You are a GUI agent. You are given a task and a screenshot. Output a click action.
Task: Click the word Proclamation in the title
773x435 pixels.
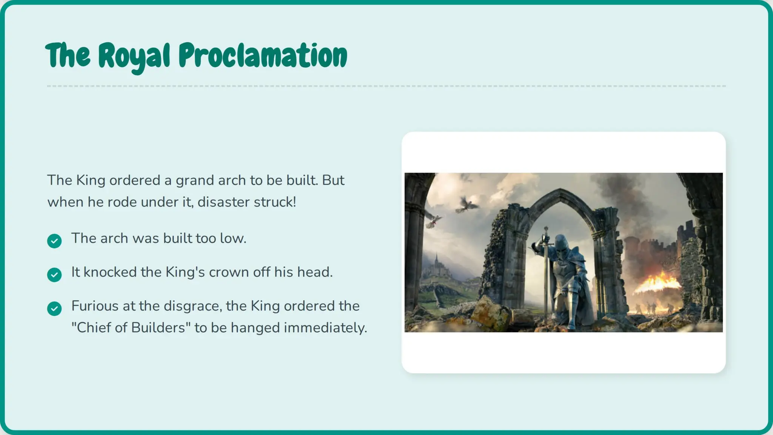click(263, 56)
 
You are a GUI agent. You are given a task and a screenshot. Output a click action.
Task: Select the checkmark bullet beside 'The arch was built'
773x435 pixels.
click(54, 241)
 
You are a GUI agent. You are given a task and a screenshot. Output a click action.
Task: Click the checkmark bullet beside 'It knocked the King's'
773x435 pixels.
click(54, 275)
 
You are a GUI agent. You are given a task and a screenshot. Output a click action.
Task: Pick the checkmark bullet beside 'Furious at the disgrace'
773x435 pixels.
click(54, 309)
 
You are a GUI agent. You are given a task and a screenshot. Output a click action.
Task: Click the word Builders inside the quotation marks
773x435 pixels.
click(158, 328)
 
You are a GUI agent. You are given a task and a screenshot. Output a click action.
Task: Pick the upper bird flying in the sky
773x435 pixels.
click(467, 205)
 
